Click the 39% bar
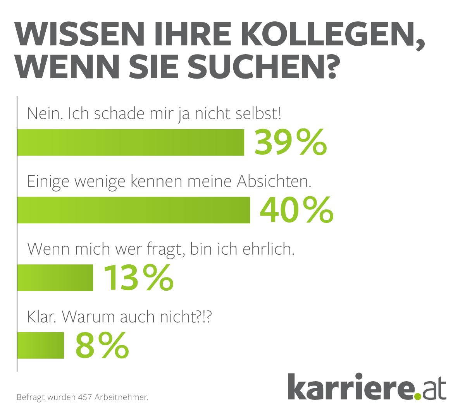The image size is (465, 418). [x=131, y=142]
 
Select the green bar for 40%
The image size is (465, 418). [x=134, y=210]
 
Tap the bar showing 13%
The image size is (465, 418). [x=55, y=278]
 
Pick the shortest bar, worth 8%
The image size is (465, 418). [x=41, y=345]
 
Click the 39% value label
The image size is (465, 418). [x=291, y=142]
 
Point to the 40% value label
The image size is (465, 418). [x=296, y=210]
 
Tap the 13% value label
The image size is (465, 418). [x=138, y=278]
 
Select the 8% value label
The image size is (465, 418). [x=102, y=345]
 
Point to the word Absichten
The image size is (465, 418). [x=274, y=181]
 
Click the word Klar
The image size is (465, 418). [x=41, y=317]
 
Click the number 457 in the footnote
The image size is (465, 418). [x=85, y=397]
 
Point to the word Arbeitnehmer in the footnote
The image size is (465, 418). [x=121, y=397]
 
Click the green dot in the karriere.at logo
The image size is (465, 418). [x=417, y=396]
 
